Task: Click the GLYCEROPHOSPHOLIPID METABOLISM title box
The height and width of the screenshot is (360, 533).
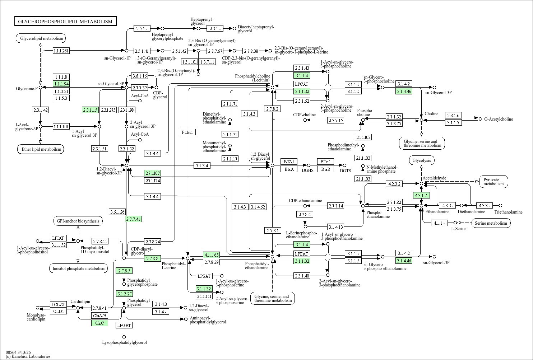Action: click(x=65, y=22)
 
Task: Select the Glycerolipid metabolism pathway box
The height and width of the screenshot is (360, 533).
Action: click(x=42, y=38)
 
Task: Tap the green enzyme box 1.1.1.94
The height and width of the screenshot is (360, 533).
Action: click(x=61, y=84)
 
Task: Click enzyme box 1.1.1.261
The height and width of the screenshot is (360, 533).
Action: click(x=61, y=51)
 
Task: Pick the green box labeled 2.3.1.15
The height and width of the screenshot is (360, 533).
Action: click(x=90, y=110)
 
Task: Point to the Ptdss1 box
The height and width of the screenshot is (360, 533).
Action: click(x=187, y=132)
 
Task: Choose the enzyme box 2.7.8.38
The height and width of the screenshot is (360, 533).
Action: click(x=251, y=51)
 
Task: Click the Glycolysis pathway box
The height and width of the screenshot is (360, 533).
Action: click(x=422, y=160)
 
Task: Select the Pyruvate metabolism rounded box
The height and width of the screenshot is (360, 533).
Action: click(x=493, y=182)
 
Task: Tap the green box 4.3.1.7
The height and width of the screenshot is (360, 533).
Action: click(x=421, y=196)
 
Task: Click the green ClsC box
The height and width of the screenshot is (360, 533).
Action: click(x=99, y=323)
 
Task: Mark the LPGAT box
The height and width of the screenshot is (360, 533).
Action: click(x=124, y=325)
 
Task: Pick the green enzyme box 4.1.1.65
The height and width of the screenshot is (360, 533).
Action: click(x=211, y=255)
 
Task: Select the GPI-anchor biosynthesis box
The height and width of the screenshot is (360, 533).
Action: click(x=78, y=221)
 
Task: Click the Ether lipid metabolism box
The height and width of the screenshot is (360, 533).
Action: click(x=40, y=149)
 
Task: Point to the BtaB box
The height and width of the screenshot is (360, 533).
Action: click(x=325, y=169)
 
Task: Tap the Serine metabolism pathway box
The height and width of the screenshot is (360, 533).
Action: click(x=491, y=223)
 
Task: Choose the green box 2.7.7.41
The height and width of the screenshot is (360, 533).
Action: click(x=133, y=219)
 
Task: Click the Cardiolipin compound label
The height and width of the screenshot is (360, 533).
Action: click(x=80, y=301)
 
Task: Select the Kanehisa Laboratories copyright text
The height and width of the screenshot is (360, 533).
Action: click(x=28, y=356)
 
